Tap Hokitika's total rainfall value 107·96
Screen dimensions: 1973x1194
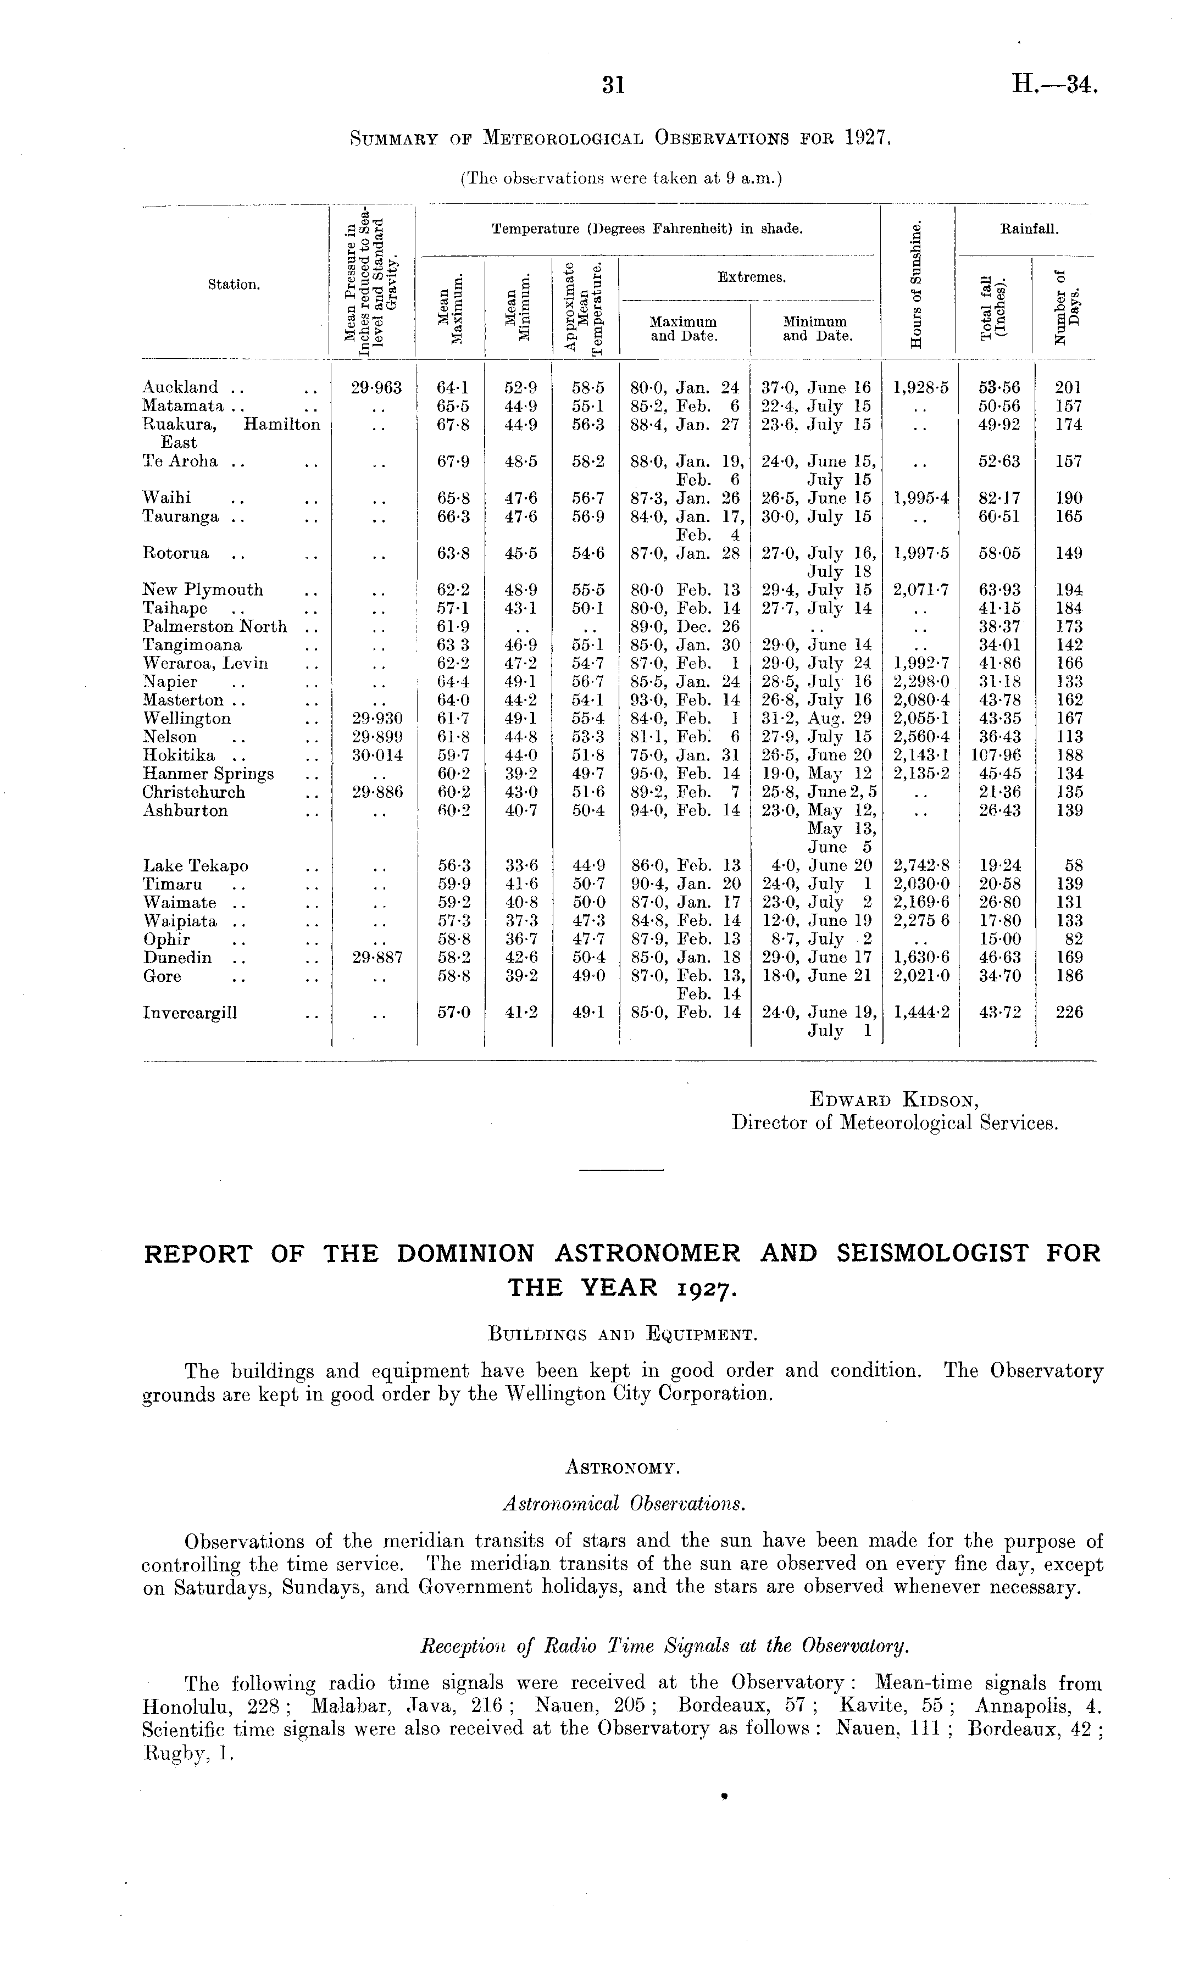[996, 755]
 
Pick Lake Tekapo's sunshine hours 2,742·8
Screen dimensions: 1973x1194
[921, 865]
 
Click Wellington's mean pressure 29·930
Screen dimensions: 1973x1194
[376, 718]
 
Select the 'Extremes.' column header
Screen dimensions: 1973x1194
[751, 278]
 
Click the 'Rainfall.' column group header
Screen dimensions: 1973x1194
[1030, 229]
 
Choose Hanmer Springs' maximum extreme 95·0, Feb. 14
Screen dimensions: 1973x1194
[685, 774]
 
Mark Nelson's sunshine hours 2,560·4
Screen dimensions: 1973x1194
[921, 737]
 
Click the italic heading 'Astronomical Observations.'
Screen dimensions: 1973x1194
[622, 1504]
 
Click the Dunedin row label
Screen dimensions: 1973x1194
[177, 958]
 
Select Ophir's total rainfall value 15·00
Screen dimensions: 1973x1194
[999, 940]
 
